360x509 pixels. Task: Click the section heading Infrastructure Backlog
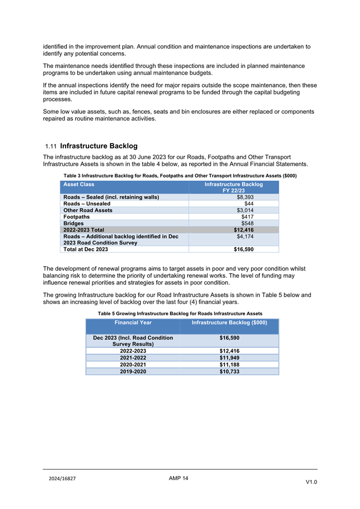(99, 146)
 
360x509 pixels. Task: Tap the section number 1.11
(51, 146)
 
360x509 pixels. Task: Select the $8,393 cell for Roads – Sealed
(245, 197)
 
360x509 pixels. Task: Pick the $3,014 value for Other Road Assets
(245, 211)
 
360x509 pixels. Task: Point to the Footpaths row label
(76, 218)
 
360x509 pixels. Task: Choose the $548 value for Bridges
(246, 224)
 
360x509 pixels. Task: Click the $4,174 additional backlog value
(245, 235)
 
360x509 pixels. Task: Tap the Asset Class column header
(79, 185)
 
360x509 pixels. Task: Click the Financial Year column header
(133, 323)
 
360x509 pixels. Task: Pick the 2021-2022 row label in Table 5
(133, 357)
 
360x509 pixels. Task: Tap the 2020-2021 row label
(133, 364)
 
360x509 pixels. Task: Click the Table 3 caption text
(180, 176)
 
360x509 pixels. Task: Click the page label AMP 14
(179, 478)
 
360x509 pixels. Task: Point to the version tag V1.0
(311, 482)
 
